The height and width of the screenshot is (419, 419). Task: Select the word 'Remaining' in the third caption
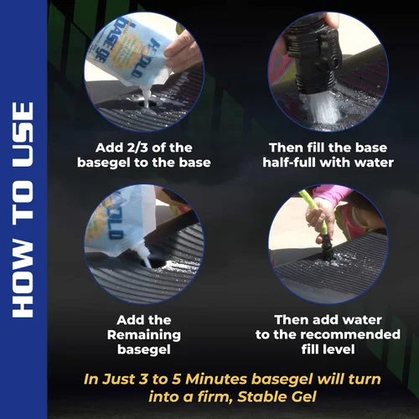pyautogui.click(x=144, y=335)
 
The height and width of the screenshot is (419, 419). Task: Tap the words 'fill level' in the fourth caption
pyautogui.click(x=328, y=349)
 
